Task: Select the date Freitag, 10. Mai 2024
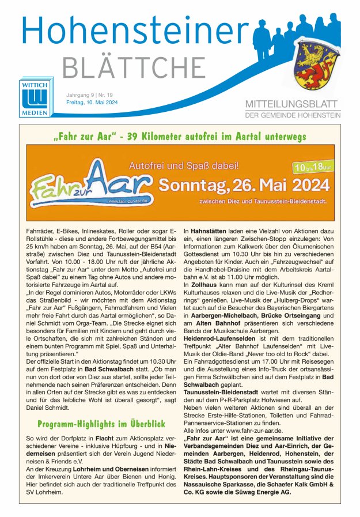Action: point(92,102)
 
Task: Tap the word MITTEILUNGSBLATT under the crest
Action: point(293,104)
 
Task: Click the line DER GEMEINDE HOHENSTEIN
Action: point(293,115)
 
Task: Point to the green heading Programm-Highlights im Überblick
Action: point(101,424)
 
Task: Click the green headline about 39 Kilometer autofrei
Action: point(180,137)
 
